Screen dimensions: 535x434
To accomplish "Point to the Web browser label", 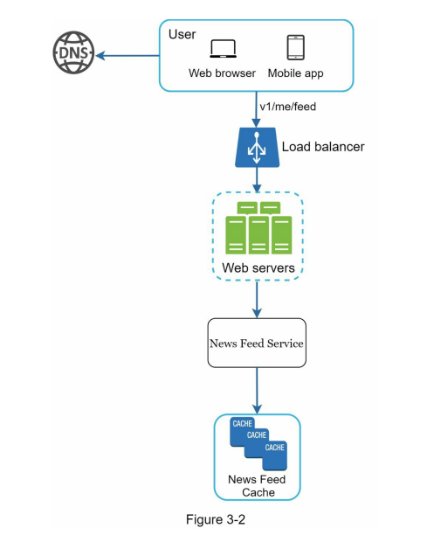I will [222, 73].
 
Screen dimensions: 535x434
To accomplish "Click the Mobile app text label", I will [295, 73].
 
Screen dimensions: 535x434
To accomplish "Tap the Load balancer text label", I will [322, 147].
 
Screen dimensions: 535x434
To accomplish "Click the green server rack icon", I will [258, 229].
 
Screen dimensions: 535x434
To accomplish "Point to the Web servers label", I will [258, 267].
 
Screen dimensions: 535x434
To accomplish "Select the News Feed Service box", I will [257, 344].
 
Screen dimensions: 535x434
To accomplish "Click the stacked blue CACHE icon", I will [258, 441].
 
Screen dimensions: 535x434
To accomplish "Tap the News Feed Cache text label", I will [257, 486].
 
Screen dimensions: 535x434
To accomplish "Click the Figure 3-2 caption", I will [217, 519].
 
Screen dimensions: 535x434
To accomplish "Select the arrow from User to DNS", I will [127, 55].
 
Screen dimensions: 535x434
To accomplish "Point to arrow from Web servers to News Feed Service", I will [257, 300].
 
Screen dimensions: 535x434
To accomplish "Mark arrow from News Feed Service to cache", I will [257, 391].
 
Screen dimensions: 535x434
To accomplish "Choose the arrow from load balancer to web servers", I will [257, 180].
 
